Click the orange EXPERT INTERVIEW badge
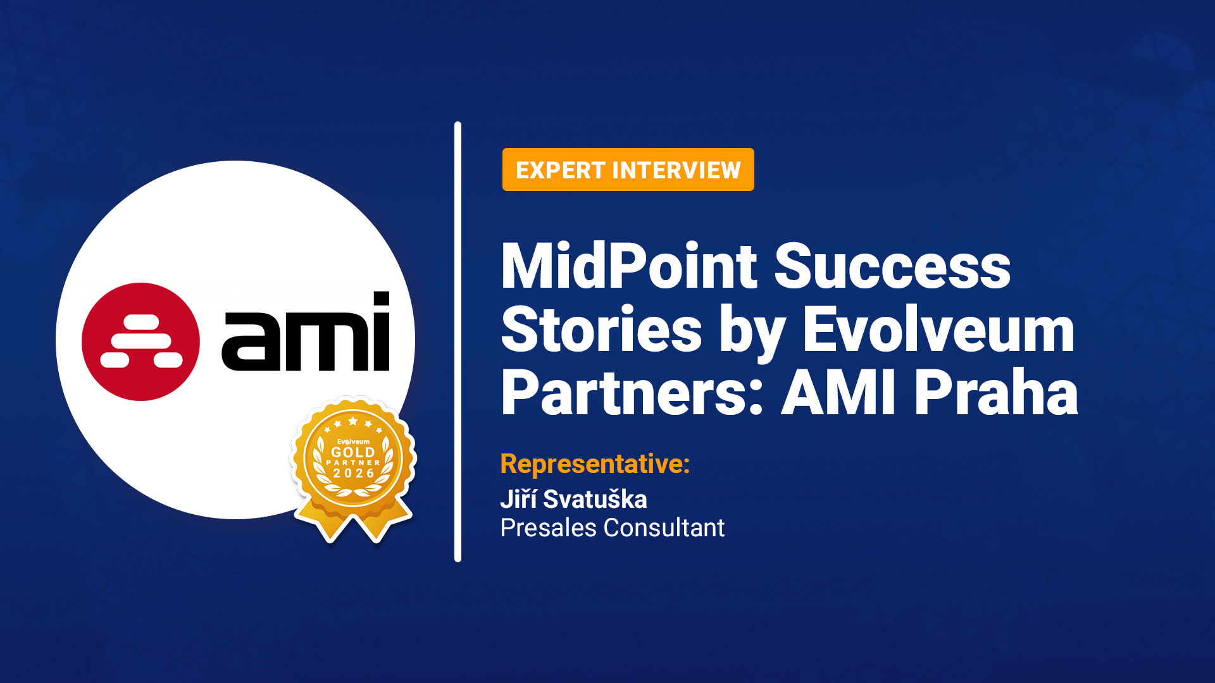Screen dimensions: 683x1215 (628, 169)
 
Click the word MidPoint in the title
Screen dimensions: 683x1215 (628, 266)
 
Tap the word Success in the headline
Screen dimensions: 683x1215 (892, 266)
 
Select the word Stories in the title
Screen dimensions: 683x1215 (601, 329)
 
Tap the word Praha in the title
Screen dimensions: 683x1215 (996, 393)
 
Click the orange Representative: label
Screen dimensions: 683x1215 (595, 464)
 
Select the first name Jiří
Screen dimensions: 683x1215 (518, 499)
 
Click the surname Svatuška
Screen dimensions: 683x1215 (595, 499)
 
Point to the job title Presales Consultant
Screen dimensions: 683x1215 (612, 527)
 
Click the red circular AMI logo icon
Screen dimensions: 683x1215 (140, 341)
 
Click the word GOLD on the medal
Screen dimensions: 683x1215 (353, 452)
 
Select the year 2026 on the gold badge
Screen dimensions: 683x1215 (354, 473)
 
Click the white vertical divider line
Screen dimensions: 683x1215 (458, 341)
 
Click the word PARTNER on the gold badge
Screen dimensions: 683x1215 (353, 463)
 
